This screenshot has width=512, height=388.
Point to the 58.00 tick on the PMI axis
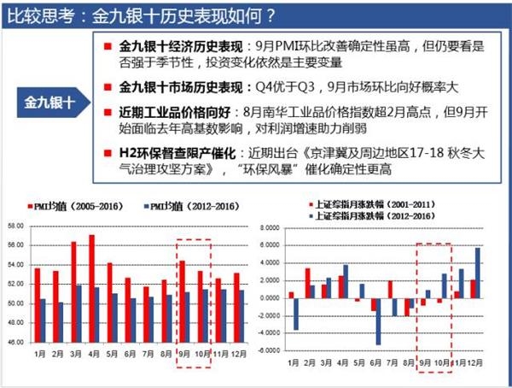[x=16, y=226]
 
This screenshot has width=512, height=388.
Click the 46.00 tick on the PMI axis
[x=16, y=342]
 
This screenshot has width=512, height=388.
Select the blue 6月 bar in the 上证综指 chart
[x=378, y=321]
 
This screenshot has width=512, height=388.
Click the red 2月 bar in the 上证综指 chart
[x=307, y=283]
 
